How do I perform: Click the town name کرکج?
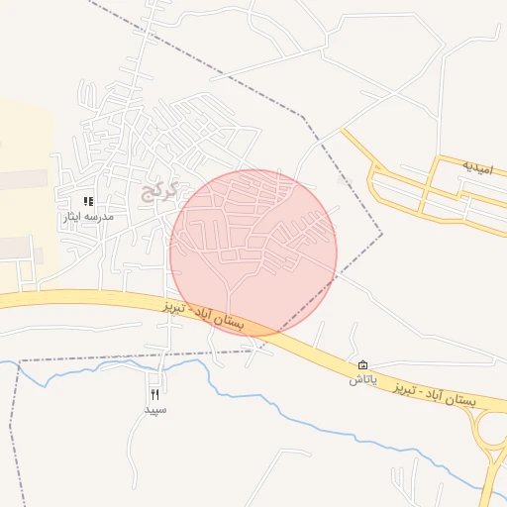click(x=157, y=189)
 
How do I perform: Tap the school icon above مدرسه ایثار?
click(x=88, y=201)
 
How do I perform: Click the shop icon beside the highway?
click(x=363, y=365)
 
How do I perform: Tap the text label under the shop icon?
click(x=362, y=379)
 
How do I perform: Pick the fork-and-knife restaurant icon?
click(x=154, y=395)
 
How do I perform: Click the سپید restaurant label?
click(x=155, y=409)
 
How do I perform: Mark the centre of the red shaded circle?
click(x=253, y=252)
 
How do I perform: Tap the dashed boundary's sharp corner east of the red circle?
click(x=382, y=234)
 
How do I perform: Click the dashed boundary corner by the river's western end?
click(x=20, y=362)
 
